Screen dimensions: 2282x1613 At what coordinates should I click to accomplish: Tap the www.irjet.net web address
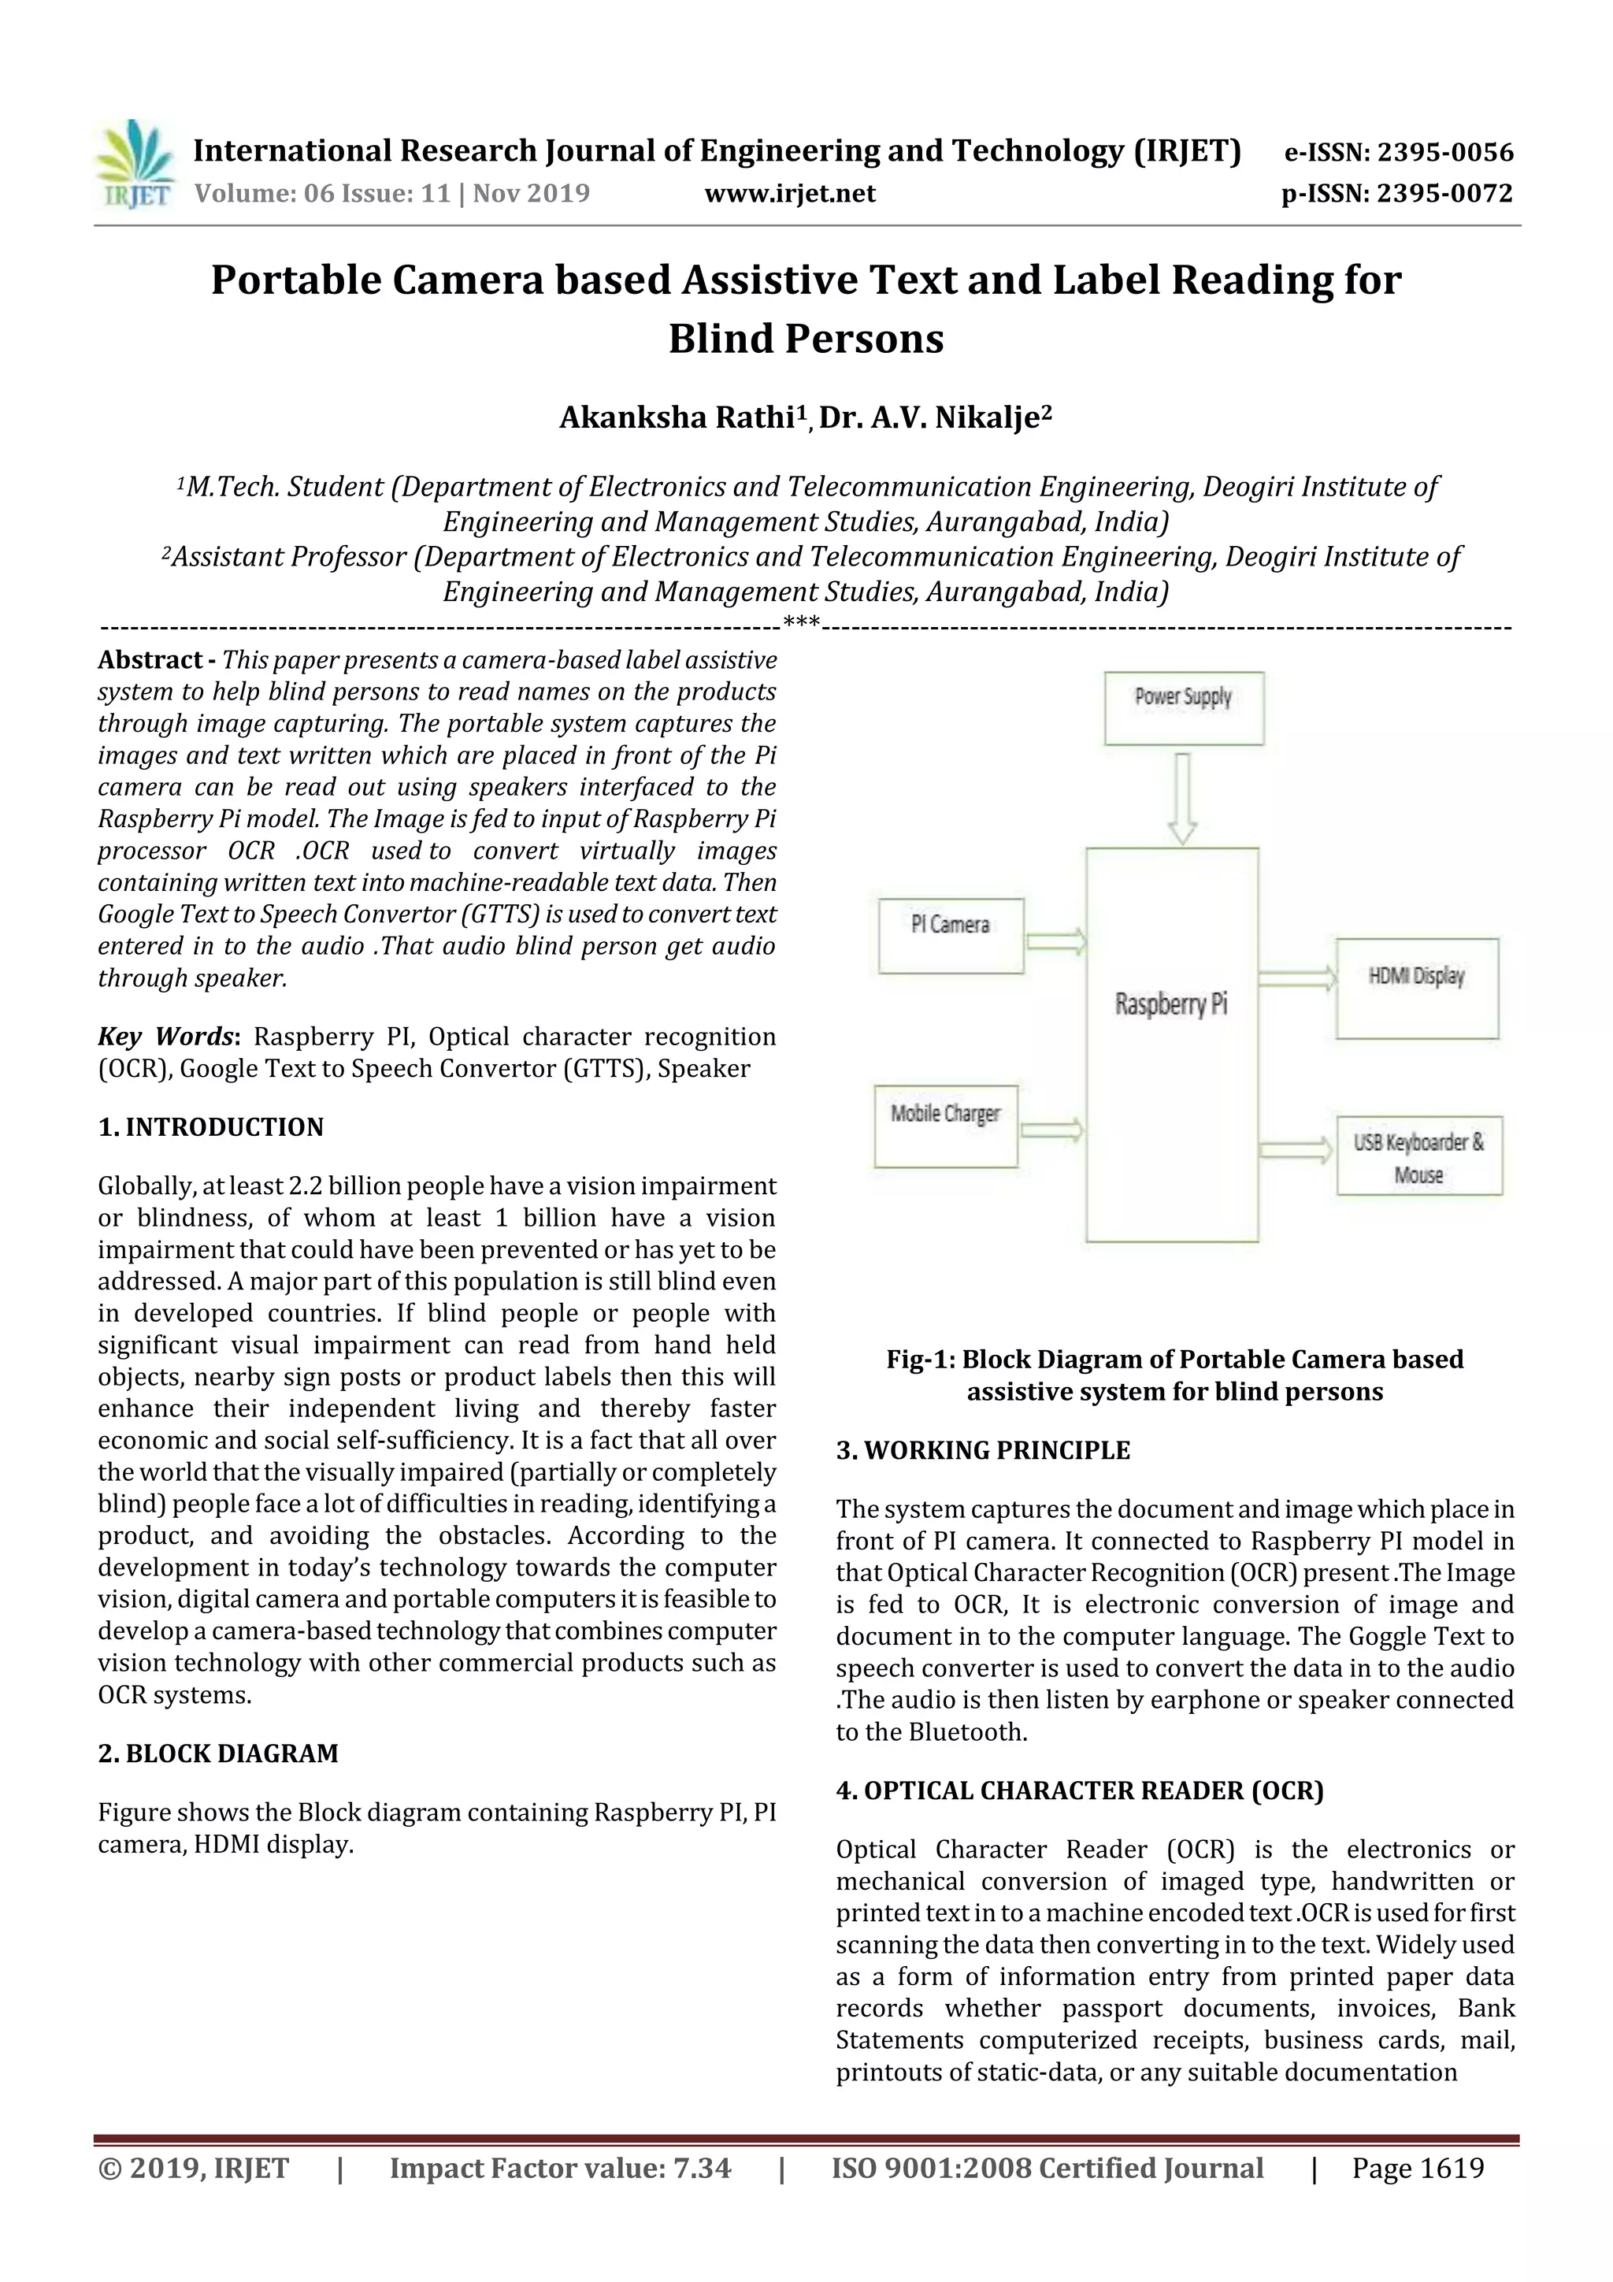790,194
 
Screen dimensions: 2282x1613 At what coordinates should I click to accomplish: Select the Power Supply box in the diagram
1184,707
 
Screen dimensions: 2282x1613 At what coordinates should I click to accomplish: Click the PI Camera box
950,935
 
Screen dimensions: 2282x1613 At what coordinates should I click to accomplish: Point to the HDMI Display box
1416,987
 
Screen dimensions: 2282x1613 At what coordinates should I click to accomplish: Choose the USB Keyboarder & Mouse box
1418,1155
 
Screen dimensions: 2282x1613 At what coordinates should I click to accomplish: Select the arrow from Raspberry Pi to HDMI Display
1297,978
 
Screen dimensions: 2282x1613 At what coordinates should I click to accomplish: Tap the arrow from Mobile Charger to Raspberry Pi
1051,1129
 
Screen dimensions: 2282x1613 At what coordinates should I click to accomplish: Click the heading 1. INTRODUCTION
211,1127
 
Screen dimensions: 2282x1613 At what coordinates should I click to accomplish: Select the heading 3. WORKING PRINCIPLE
983,1450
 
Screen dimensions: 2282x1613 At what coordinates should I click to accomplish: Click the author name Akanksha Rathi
675,417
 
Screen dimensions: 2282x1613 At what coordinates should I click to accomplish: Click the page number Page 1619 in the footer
1417,2168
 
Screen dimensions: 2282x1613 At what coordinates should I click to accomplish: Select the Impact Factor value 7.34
703,2168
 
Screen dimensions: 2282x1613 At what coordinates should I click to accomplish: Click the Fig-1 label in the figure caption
919,1359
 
